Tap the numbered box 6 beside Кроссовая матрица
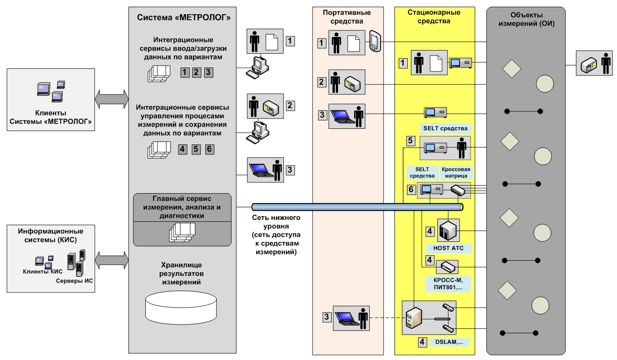coord(411,189)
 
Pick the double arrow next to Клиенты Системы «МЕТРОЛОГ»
coord(111,97)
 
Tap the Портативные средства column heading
coord(347,17)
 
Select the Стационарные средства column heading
coord(434,17)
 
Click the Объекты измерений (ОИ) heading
coord(526,20)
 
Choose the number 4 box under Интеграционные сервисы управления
coord(183,149)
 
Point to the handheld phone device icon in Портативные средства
coord(374,41)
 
